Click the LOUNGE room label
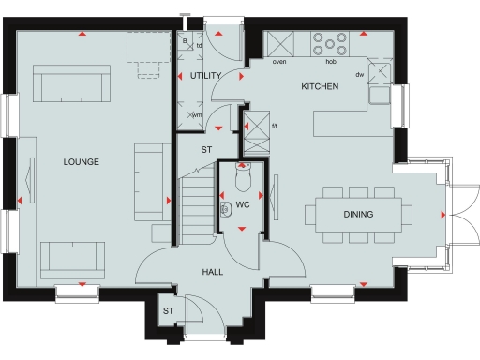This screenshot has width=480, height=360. coord(82,162)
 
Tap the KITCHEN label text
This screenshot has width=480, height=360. coord(319,87)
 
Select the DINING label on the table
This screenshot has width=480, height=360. coord(358,215)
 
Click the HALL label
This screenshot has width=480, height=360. coord(212,272)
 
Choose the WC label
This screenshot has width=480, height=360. coord(242,203)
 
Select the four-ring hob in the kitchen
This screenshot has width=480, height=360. coord(330,44)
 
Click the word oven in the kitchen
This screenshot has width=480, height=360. coord(278,63)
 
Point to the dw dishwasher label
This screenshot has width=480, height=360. coord(359,75)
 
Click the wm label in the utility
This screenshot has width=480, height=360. coord(197,115)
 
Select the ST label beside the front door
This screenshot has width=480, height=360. coord(169,310)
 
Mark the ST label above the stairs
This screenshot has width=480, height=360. coord(206,149)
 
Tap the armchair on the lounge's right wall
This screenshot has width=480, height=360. coord(150,182)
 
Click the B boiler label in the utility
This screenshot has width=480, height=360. coord(186,41)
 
